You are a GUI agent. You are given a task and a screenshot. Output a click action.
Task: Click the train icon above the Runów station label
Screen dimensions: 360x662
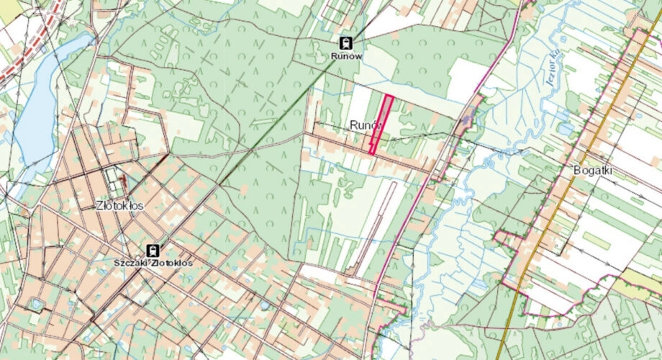346,42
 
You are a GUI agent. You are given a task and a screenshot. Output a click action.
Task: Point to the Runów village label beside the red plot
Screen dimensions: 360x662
363,125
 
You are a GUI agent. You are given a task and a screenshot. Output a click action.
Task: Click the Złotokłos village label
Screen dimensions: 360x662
119,205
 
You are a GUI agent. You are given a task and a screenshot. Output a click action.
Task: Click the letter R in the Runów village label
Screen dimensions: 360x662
353,125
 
